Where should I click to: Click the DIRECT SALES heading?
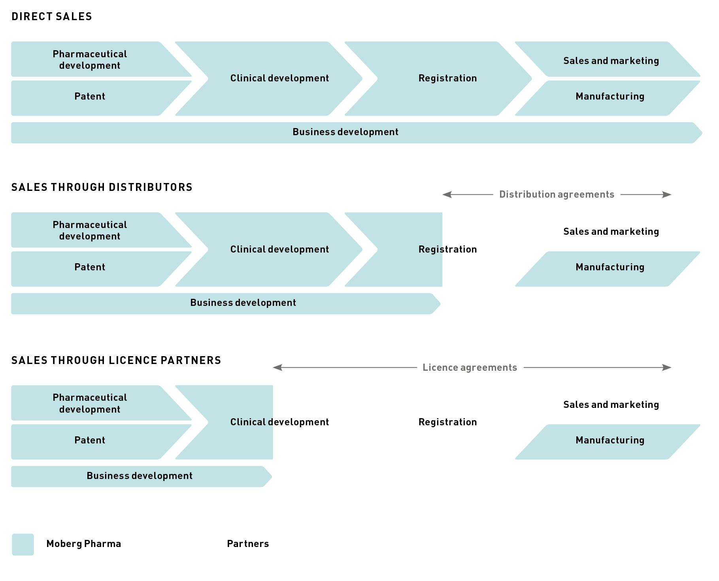(52, 17)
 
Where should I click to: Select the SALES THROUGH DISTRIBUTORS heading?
(102, 187)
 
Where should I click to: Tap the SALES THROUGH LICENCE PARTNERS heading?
(116, 360)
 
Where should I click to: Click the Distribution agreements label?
(557, 194)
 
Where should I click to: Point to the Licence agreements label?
(470, 368)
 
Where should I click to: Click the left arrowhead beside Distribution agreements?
(447, 194)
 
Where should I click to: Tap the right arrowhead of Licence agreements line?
(667, 368)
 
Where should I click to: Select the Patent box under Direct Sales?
(90, 97)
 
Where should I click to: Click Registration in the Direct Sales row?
(447, 78)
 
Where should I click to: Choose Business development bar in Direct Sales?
(345, 132)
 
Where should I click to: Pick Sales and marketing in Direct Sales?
(611, 61)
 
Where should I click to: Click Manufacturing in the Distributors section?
(610, 268)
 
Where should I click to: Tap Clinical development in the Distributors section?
(279, 249)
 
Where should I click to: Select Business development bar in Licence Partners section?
(140, 476)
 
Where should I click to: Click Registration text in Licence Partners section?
(447, 422)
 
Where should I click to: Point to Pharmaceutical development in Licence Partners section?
(90, 403)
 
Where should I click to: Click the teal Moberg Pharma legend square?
(23, 544)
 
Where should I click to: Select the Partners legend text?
(248, 544)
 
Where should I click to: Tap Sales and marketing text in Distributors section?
(611, 232)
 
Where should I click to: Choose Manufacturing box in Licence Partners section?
(610, 441)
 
